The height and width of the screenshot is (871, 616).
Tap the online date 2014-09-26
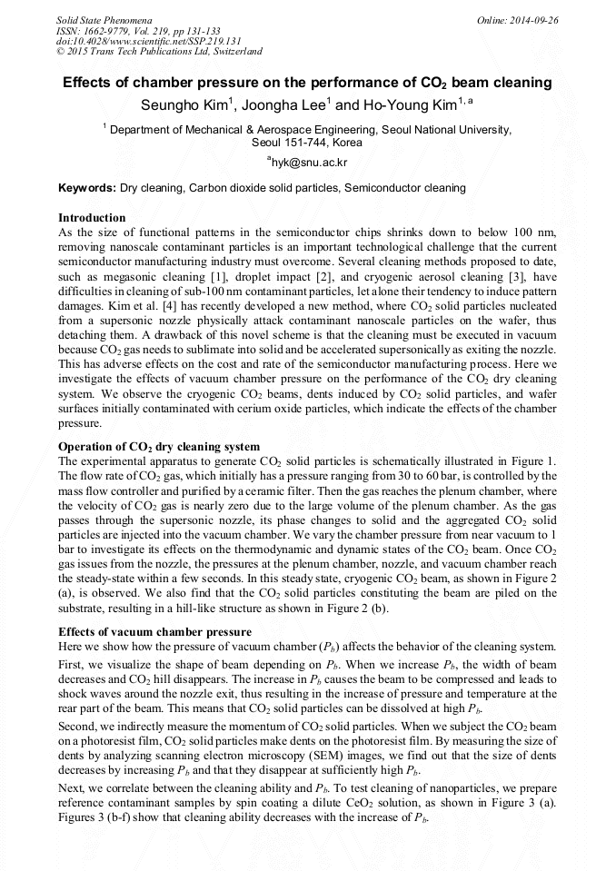tap(531, 19)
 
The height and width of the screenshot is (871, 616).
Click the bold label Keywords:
tap(86, 188)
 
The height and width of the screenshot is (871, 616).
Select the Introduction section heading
tap(91, 218)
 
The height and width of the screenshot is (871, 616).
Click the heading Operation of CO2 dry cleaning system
tap(159, 447)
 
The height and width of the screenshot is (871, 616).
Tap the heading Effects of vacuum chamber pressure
tap(154, 631)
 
